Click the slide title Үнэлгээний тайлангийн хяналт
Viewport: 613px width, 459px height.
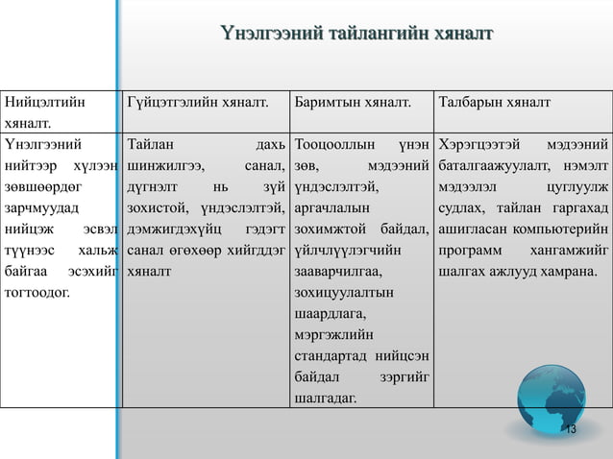pyautogui.click(x=356, y=36)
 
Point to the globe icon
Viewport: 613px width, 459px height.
pyautogui.click(x=551, y=401)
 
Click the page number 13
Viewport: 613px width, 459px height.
pyautogui.click(x=570, y=428)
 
